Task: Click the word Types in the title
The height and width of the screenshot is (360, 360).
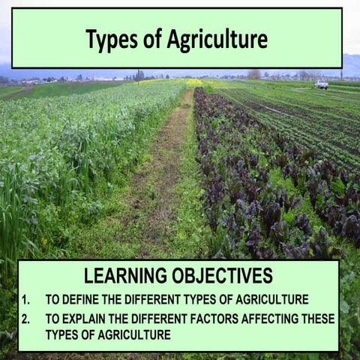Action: tap(108, 39)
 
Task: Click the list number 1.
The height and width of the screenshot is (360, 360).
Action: tap(25, 299)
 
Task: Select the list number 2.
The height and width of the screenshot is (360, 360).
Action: tap(25, 319)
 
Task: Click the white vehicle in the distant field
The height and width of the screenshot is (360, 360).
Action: tap(322, 85)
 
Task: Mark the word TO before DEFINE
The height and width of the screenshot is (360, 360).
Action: tap(52, 299)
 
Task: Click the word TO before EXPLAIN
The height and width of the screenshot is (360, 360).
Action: tap(52, 319)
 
